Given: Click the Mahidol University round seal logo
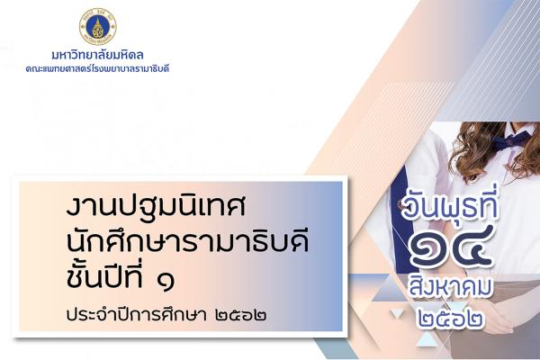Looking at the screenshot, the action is coord(98,26).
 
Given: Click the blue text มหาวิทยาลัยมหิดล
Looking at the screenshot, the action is coord(97,55).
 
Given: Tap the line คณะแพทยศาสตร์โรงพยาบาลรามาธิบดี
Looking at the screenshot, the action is coord(97,68).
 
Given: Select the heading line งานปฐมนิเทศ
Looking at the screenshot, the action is coord(156,206).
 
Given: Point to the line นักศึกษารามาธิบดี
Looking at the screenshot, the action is coord(187,240).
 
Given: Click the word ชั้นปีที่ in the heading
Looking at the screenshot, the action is coord(104,274).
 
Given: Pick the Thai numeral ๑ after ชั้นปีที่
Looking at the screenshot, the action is coord(165,280).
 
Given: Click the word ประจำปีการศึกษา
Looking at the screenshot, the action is coord(137,314).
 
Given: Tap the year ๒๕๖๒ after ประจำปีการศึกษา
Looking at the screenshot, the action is coord(240,315).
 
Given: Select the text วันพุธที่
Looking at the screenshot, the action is coord(450,206).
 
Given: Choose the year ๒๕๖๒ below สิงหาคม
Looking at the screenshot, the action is coord(450,319).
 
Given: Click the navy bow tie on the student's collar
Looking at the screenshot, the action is coord(510,140).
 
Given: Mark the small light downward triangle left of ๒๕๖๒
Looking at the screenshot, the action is coord(397,313).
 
